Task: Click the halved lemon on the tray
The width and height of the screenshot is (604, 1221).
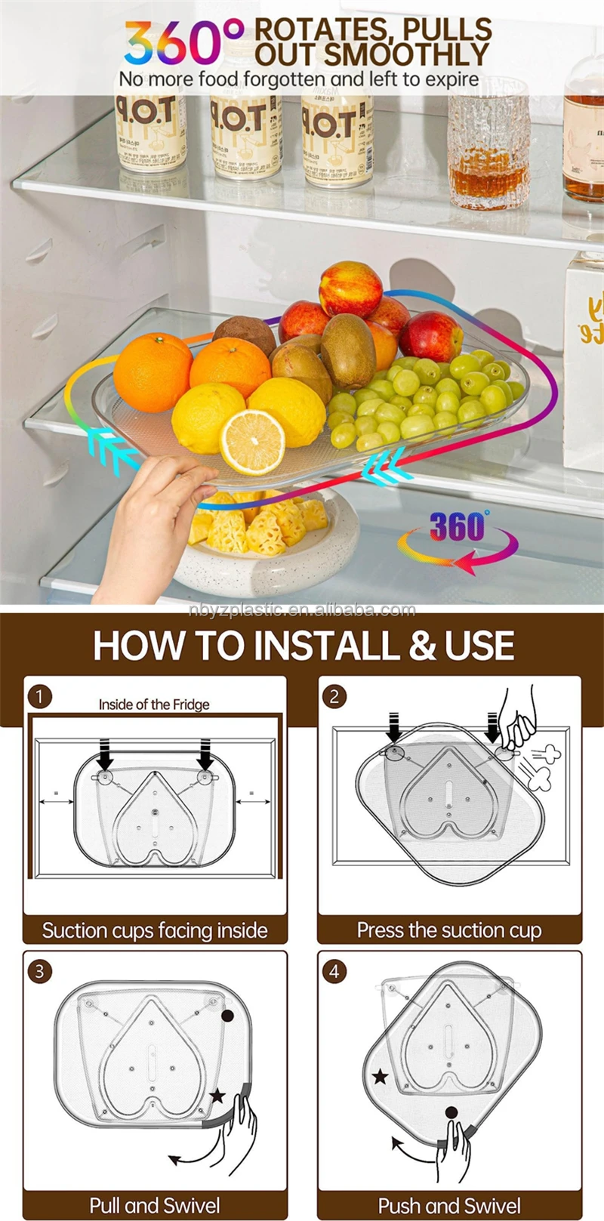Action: click(252, 442)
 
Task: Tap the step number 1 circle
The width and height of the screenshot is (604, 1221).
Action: click(40, 696)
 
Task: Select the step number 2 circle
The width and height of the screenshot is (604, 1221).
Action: click(334, 696)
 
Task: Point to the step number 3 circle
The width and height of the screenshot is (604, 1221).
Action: click(40, 971)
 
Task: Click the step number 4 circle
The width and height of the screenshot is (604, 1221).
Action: click(334, 971)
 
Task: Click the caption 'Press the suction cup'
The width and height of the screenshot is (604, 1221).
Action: click(449, 930)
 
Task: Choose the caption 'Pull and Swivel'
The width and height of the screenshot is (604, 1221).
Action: click(155, 1205)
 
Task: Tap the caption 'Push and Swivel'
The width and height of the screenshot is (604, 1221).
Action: click(449, 1205)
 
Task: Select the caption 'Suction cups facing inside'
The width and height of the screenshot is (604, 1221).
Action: click(155, 930)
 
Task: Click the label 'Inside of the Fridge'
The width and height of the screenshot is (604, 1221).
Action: click(154, 705)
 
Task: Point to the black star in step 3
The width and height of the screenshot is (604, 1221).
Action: click(218, 1095)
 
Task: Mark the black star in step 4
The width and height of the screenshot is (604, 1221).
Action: click(381, 1077)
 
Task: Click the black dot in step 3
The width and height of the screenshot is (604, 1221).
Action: click(227, 1016)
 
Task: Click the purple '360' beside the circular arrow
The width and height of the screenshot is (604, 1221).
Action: click(458, 527)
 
